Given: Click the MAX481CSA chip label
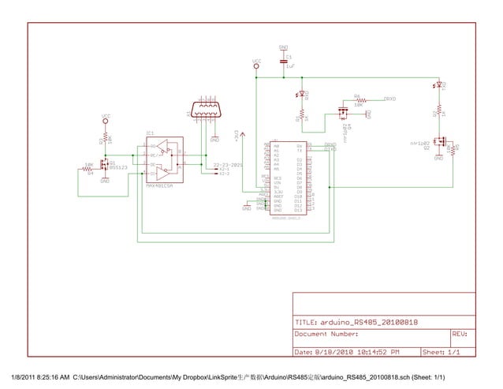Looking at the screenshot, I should [x=160, y=186].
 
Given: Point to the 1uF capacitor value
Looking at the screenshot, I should [x=290, y=68].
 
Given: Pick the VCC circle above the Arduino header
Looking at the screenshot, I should [x=256, y=67].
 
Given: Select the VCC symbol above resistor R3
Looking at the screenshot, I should [x=105, y=119].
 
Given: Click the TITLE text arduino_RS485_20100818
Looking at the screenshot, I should [x=356, y=323].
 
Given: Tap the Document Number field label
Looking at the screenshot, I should [x=327, y=335].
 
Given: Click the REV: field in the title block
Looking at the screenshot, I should [x=460, y=335].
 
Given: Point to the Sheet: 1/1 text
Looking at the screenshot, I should [x=442, y=351].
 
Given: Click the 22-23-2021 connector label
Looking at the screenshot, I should [x=228, y=165].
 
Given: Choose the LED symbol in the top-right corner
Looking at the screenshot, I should [x=438, y=84].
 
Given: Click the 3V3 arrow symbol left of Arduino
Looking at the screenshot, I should [x=241, y=136].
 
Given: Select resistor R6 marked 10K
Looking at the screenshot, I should [x=358, y=100].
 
